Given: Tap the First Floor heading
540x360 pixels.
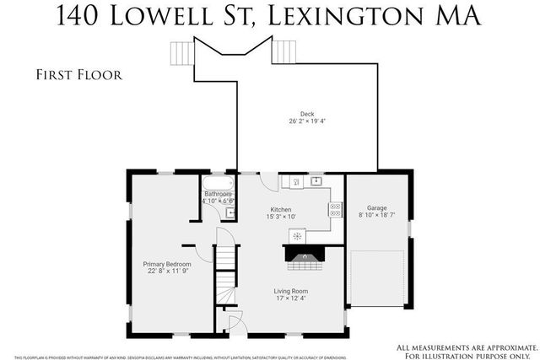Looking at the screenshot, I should click(x=79, y=75).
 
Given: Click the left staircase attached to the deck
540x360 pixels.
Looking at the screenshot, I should click(x=181, y=52).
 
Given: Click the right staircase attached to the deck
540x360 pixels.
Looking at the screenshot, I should click(x=283, y=52).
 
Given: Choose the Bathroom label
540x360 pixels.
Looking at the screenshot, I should click(x=218, y=194).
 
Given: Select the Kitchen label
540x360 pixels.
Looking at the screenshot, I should click(x=280, y=209).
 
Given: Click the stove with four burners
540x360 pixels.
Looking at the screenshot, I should click(x=334, y=210).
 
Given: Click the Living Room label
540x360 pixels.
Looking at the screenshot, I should click(x=290, y=292).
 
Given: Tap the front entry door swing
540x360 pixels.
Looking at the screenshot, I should click(x=237, y=320).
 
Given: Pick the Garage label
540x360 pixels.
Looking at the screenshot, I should click(x=376, y=207).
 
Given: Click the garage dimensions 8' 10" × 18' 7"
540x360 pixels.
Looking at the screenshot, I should click(x=376, y=216).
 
